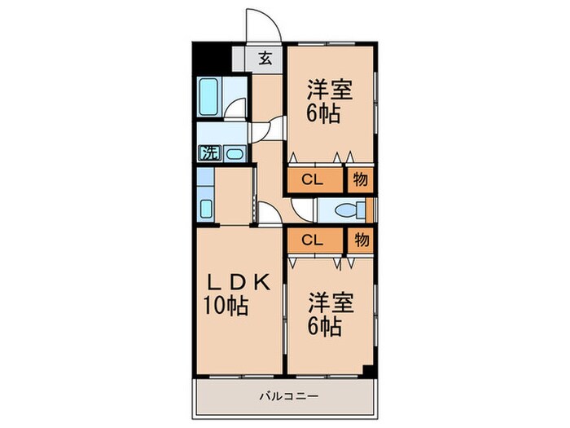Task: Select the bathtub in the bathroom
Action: tap(211, 99)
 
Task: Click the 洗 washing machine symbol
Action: tap(210, 152)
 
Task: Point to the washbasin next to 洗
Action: tap(233, 152)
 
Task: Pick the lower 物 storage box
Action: tap(362, 240)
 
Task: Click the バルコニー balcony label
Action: tap(283, 397)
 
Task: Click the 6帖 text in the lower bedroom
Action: tap(324, 328)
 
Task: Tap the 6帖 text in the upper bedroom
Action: tap(324, 113)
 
